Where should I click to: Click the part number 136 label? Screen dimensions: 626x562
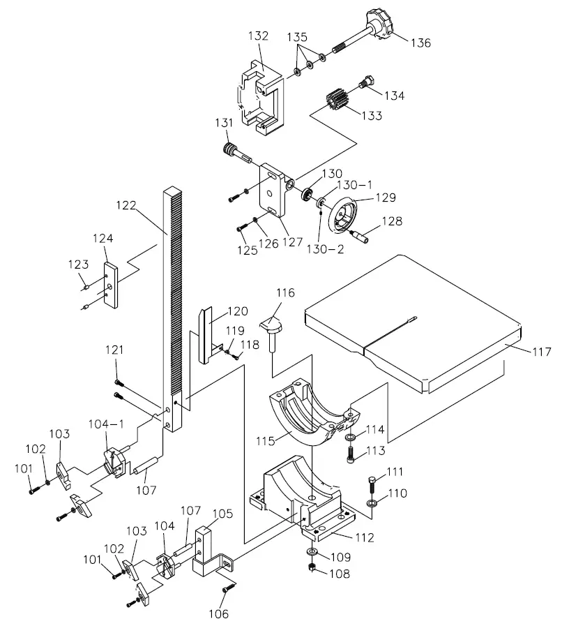coord(420,43)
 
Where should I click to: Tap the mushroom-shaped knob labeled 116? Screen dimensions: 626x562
coord(272,325)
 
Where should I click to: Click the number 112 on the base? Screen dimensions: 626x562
coord(365,537)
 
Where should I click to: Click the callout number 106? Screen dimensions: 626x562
coord(219,614)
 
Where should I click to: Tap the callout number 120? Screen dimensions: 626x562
coord(237,311)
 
